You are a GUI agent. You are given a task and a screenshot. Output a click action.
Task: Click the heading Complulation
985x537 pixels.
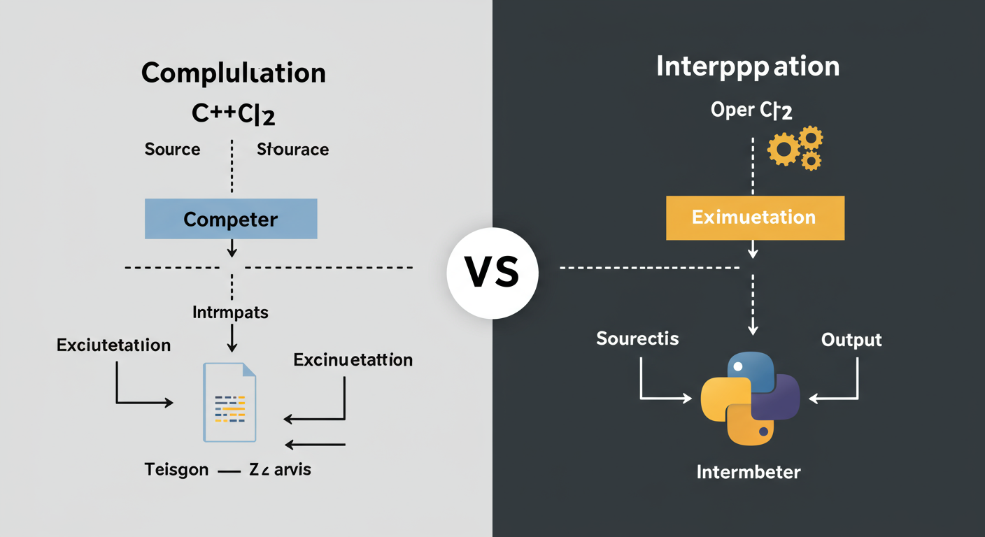[x=233, y=73]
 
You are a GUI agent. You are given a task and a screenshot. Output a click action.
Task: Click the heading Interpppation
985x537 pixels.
[x=748, y=67]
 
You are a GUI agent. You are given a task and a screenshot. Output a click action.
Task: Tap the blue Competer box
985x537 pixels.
[x=231, y=220]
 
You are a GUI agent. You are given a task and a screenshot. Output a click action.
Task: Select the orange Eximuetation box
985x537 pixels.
[x=754, y=217]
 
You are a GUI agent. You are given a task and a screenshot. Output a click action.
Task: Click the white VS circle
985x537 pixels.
[x=492, y=273]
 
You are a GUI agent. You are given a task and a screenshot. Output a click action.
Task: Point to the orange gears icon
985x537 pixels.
[x=795, y=148]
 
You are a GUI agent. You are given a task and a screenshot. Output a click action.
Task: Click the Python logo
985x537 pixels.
[x=751, y=399]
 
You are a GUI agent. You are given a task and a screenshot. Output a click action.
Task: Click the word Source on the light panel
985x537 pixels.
[x=172, y=149]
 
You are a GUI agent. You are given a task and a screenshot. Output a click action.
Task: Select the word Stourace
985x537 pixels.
[x=292, y=149]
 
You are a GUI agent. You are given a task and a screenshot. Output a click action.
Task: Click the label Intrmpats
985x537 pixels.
[x=230, y=312]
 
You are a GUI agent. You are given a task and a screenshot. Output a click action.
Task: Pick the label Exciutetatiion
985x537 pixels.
[x=113, y=345]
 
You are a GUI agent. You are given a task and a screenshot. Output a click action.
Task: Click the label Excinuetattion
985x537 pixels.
[x=353, y=360]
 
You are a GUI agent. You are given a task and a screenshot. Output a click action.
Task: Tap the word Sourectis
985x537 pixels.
[x=637, y=338]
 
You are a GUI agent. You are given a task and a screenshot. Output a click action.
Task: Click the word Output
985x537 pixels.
[x=851, y=340]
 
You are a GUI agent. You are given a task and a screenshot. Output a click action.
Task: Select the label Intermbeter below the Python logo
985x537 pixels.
[x=749, y=472]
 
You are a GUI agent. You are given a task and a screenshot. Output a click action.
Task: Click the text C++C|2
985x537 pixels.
[x=233, y=115]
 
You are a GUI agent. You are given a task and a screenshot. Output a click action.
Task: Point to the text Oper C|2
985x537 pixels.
[x=751, y=110]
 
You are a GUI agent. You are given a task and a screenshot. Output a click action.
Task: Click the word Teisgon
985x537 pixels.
[x=176, y=470]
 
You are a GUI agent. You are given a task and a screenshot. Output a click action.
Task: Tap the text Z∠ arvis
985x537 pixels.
[x=280, y=470]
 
